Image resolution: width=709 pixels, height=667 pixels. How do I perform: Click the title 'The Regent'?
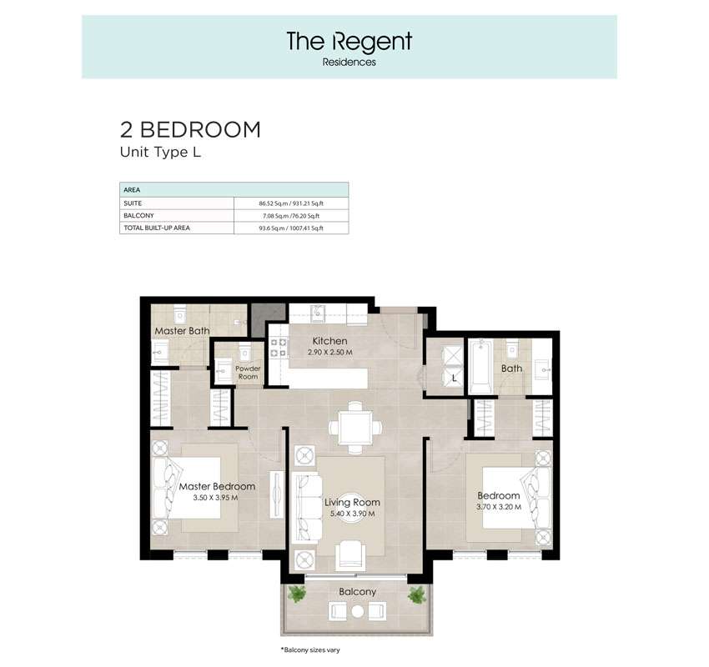tap(349, 41)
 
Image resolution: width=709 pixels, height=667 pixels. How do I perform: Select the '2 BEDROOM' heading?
tap(190, 130)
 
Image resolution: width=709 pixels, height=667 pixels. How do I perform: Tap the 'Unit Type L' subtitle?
tap(160, 153)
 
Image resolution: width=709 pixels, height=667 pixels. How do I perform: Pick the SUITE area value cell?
tap(291, 203)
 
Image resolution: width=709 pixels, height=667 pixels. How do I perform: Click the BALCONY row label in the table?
tap(138, 216)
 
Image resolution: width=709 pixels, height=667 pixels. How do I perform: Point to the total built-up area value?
tap(291, 228)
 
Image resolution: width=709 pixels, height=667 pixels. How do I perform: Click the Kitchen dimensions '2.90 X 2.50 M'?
tap(330, 352)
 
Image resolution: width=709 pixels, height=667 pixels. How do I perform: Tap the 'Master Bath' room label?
tap(182, 331)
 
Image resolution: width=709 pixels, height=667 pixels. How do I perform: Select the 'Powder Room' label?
tap(248, 373)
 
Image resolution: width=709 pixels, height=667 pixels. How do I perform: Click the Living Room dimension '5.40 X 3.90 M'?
tap(352, 514)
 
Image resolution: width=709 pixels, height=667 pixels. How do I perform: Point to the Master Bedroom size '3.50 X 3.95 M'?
tap(216, 498)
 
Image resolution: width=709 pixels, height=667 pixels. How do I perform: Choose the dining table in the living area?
tap(355, 427)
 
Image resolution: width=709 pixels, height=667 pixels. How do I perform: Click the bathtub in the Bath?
tap(480, 367)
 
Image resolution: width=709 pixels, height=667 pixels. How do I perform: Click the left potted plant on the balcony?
tap(297, 594)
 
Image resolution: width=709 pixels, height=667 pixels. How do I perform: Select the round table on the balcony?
tap(358, 611)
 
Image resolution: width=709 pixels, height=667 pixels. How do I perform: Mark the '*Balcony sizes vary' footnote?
tap(310, 650)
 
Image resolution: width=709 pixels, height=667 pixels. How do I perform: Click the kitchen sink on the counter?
tap(318, 313)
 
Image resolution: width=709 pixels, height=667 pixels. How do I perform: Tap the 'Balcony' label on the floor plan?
tap(357, 591)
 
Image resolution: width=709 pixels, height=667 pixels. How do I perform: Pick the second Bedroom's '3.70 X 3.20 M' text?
tap(499, 507)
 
